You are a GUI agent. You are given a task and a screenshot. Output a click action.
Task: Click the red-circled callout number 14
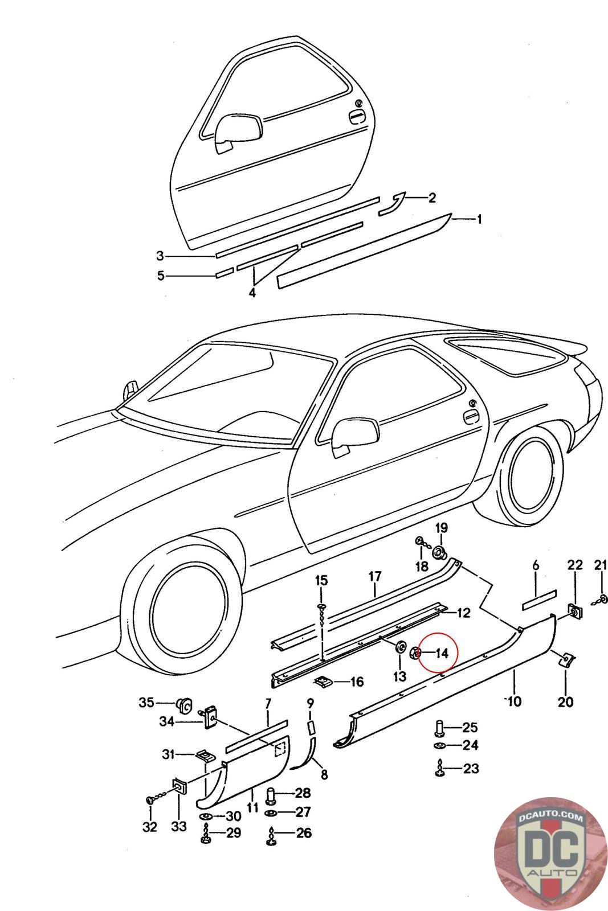coord(442,653)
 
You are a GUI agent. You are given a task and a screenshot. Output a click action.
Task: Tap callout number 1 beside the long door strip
coord(479,219)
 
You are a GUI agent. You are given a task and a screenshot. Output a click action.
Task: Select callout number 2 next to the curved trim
coord(432,198)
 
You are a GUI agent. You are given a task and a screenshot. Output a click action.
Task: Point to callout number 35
coord(146,703)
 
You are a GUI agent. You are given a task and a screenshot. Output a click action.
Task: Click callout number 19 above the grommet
coord(442,528)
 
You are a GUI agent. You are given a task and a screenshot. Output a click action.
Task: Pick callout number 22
coord(575,565)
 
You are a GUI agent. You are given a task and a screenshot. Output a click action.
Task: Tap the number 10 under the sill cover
coord(514,701)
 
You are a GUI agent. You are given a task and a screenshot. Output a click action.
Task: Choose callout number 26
coord(304,833)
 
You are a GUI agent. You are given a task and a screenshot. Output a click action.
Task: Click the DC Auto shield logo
coord(540,856)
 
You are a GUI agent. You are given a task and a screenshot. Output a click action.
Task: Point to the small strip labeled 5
coord(224,273)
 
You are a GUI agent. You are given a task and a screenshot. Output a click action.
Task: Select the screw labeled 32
coord(151,800)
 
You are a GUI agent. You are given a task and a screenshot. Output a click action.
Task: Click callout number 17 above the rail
coord(374,576)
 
